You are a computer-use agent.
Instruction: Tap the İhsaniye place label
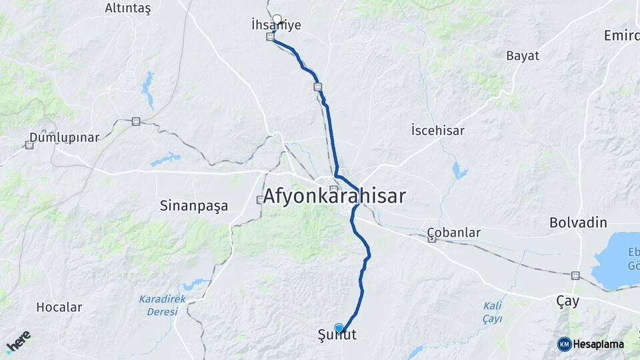[276, 26]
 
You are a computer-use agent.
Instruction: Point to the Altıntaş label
[128, 8]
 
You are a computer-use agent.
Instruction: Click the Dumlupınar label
[64, 138]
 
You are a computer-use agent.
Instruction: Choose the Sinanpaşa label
[194, 205]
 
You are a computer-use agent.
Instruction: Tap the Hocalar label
[59, 307]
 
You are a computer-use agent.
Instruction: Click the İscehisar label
[438, 130]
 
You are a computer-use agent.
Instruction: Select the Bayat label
[523, 55]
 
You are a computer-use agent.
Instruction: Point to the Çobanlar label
[454, 233]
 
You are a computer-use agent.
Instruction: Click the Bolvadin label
[578, 222]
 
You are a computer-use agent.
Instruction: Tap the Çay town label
[567, 301]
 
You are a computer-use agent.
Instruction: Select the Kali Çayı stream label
[493, 311]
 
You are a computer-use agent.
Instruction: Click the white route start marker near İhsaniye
[277, 19]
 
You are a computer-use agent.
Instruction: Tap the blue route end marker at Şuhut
[339, 327]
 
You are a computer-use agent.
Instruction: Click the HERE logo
[18, 341]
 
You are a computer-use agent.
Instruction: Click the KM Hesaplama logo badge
[591, 344]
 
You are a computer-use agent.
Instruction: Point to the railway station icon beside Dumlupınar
[29, 145]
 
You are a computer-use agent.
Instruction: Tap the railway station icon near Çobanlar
[432, 239]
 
